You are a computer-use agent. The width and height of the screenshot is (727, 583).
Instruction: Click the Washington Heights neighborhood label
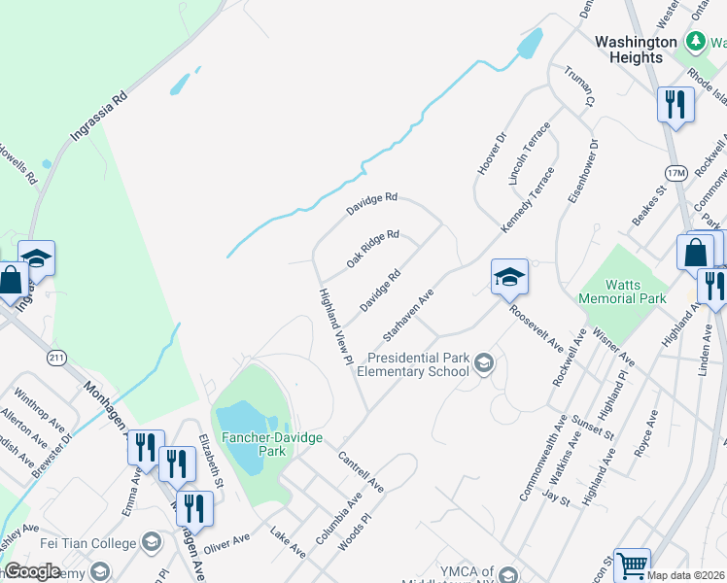coord(635,50)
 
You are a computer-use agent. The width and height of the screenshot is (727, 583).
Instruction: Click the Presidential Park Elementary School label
coord(412,364)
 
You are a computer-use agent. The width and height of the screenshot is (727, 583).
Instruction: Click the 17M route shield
coord(675,172)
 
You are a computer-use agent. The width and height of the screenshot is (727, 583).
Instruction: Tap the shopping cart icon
coord(632,563)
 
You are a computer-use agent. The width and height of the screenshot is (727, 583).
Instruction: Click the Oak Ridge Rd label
coord(373,250)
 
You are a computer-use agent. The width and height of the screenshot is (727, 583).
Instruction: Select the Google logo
coord(32,571)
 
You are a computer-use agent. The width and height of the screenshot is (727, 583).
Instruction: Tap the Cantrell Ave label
coord(361,470)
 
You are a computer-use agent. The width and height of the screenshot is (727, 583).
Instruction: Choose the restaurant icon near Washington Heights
coord(675,103)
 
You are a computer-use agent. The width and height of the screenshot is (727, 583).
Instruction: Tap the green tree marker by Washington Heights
coord(695,41)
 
